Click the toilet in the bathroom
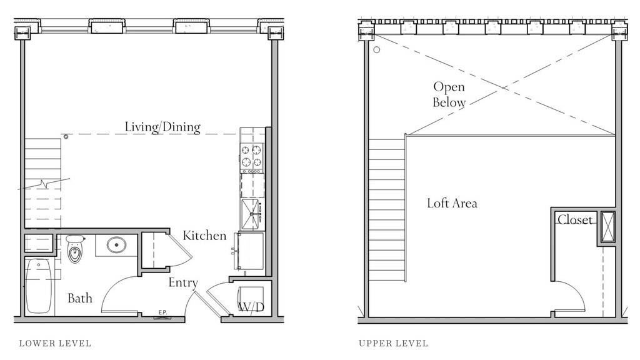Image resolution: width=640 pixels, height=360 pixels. point(75,249)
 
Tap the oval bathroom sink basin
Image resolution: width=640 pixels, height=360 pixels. point(117,245)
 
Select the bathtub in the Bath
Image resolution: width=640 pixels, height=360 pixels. point(39,286)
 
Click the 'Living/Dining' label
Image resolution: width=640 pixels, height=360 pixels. point(162,127)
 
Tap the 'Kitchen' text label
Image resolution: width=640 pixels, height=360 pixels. point(204,236)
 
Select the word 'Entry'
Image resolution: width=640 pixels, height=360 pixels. point(183,282)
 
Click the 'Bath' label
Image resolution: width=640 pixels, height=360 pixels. point(80,298)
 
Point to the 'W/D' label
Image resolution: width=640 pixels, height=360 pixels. point(251,307)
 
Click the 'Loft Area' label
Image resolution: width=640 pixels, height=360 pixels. point(452,203)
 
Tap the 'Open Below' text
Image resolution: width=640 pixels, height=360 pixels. point(449,94)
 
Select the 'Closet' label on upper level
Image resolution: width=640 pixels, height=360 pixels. point(575,220)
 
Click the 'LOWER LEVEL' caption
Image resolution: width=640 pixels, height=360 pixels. point(55,343)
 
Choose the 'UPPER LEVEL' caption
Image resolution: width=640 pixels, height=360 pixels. point(394,343)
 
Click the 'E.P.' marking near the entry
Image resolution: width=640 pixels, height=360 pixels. point(162,312)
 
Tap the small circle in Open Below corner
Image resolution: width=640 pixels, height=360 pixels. point(377,50)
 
